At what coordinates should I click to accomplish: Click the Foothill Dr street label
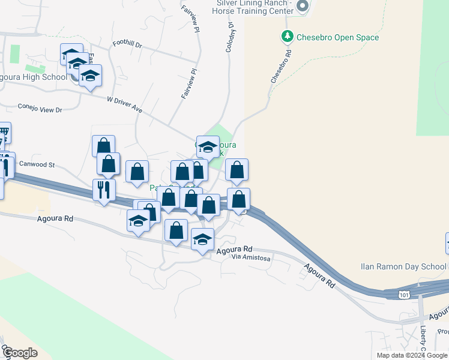127,45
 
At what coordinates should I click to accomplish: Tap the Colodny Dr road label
229,38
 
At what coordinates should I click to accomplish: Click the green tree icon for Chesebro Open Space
288,37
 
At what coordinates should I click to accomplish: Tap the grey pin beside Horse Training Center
302,7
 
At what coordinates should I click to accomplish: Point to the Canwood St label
37,164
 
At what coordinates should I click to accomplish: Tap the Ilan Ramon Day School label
403,266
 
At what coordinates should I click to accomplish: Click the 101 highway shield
405,294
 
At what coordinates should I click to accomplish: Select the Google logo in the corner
20,352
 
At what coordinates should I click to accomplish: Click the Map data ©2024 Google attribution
412,355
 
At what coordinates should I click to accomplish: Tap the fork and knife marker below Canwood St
104,190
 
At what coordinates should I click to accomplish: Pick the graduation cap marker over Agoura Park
208,146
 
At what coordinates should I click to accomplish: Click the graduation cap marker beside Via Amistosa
203,239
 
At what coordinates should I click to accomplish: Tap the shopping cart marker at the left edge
4,132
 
